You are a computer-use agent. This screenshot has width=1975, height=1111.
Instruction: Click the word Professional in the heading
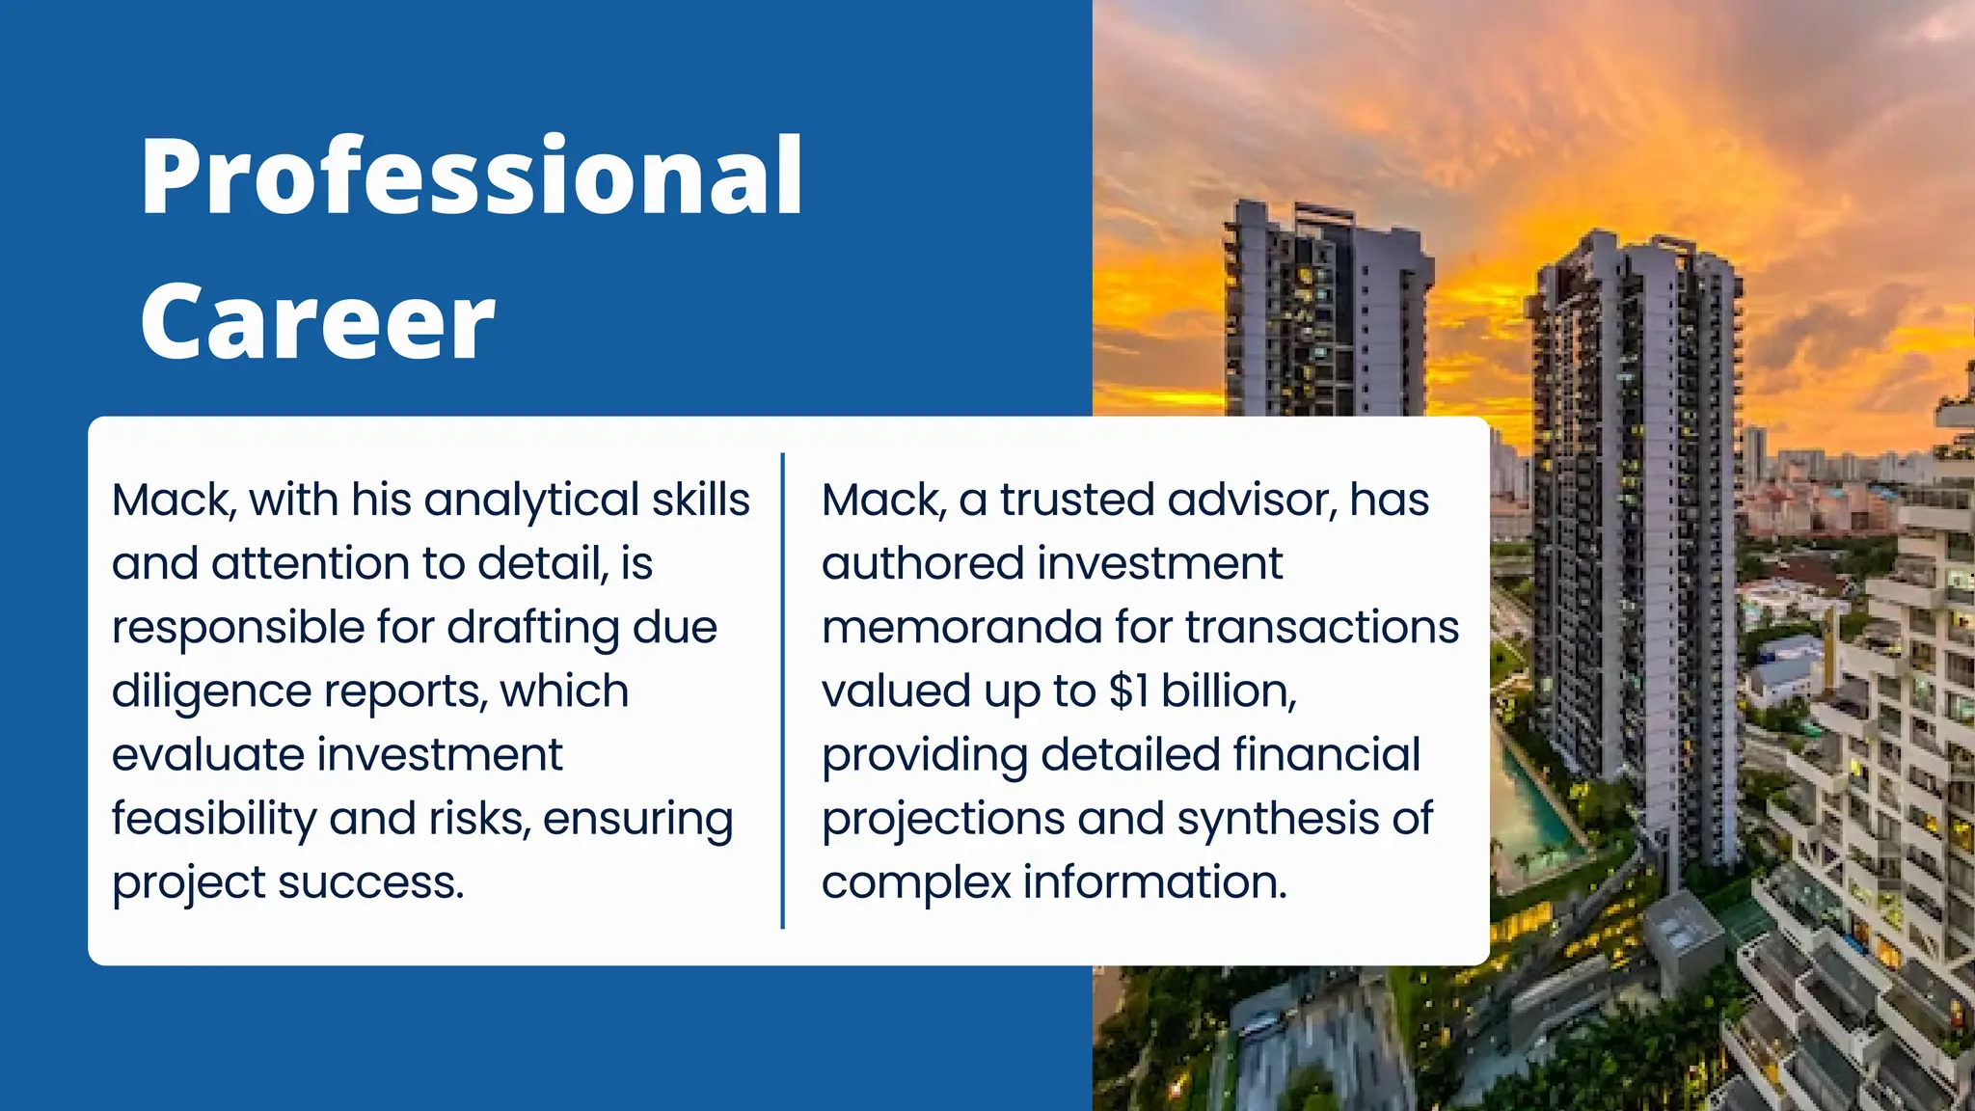coord(472,177)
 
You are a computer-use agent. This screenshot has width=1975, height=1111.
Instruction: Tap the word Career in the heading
coord(317,322)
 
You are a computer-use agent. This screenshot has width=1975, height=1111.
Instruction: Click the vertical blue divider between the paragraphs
coord(782,691)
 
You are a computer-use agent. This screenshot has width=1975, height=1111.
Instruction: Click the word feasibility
coord(213,819)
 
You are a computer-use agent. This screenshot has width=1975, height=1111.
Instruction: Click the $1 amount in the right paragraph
coord(1128,691)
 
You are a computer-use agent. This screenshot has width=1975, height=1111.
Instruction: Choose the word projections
coord(943,820)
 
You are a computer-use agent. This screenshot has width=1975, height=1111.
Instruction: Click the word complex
coord(915,882)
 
